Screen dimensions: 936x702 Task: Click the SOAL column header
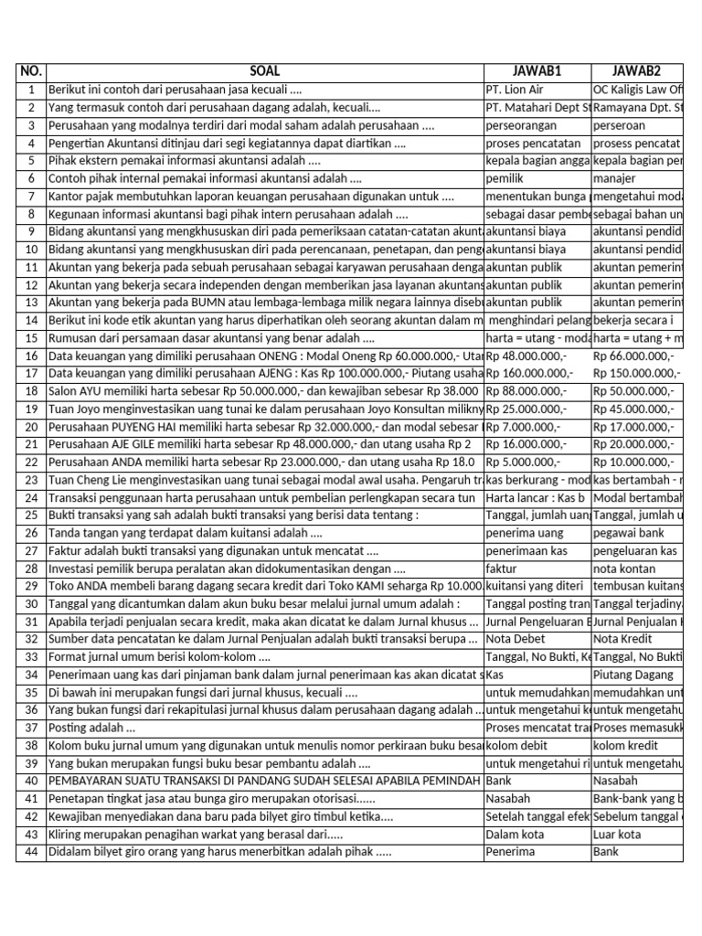pos(264,72)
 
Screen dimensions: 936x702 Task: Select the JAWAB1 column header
pos(537,72)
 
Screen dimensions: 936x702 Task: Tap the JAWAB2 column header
pos(637,72)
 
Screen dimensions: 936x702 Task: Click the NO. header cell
pos(31,72)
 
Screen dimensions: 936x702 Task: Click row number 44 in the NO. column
pos(31,851)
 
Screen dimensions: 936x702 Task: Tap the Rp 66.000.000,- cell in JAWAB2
pos(634,356)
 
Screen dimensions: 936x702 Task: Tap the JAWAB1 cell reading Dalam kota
pos(517,834)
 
